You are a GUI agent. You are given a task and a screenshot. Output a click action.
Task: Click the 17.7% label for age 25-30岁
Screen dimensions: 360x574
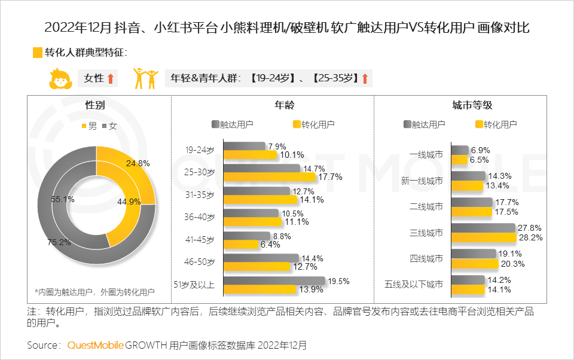point(329,177)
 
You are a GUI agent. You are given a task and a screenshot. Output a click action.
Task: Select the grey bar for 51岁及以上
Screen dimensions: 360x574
point(274,280)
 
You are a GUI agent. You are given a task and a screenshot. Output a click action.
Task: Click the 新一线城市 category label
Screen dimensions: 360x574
point(422,181)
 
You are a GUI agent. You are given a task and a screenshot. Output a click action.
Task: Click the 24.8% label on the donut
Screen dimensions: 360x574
point(138,163)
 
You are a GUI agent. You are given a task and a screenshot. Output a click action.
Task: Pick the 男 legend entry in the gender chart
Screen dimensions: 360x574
point(89,126)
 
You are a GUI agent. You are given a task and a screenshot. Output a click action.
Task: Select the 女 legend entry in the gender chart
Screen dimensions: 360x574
point(108,126)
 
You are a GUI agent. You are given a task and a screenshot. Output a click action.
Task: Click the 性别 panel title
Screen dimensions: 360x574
point(96,105)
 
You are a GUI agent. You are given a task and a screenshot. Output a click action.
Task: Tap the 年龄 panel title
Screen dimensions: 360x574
point(285,105)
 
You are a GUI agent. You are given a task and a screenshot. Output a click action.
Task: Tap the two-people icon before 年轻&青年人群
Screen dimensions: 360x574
point(146,78)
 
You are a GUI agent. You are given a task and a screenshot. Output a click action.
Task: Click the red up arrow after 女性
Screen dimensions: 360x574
point(111,78)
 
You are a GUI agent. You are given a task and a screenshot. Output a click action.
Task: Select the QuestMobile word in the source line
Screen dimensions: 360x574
point(95,346)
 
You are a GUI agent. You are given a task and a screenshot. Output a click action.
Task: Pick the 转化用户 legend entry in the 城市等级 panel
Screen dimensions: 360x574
point(495,124)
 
